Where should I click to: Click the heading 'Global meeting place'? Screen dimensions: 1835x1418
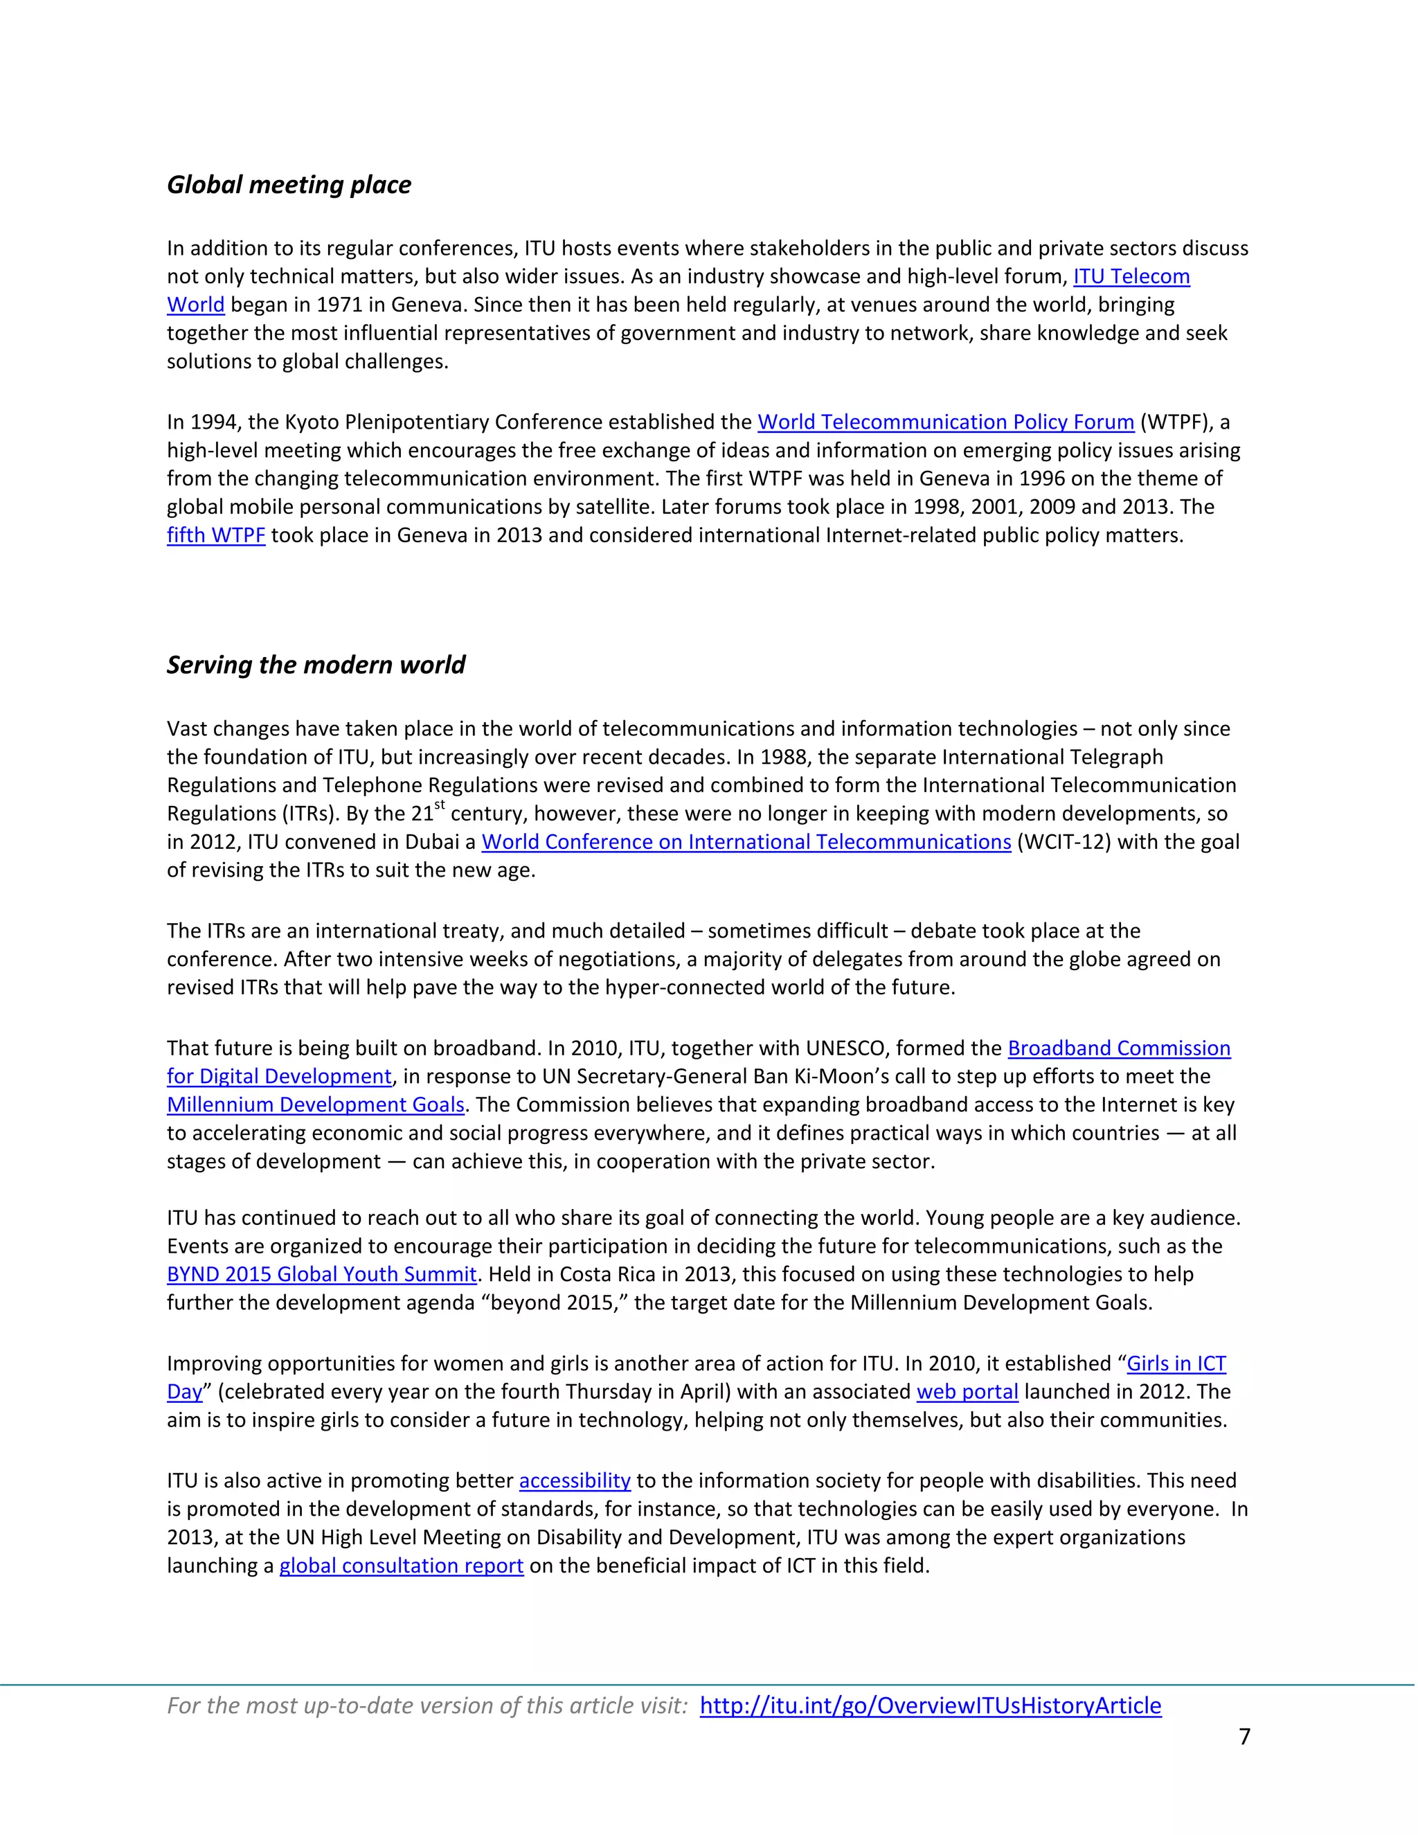click(x=289, y=185)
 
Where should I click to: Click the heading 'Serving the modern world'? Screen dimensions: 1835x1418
click(x=315, y=665)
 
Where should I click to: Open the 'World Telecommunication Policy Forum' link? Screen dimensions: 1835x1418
click(x=945, y=422)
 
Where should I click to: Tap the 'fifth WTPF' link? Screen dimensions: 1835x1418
click(x=216, y=535)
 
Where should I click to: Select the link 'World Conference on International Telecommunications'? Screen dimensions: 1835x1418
click(x=746, y=842)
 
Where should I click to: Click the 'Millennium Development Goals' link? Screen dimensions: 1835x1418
click(x=315, y=1105)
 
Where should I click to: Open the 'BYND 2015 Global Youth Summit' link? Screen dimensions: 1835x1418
click(x=322, y=1275)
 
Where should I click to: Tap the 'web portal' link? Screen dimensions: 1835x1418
click(x=967, y=1393)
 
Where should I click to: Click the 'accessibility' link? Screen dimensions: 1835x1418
click(x=575, y=1480)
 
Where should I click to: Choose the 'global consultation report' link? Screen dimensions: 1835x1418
click(x=402, y=1566)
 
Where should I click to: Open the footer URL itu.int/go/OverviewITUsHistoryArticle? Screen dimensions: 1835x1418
click(x=930, y=1706)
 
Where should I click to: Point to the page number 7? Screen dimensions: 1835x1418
click(x=1244, y=1737)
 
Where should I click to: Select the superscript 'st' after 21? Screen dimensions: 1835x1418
click(x=440, y=806)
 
